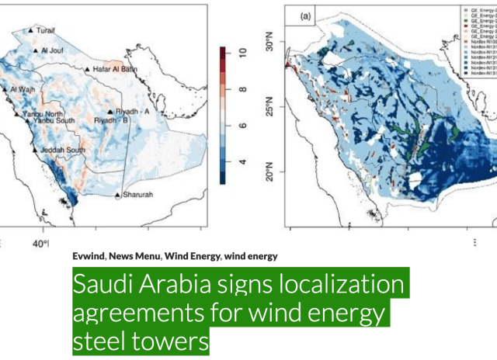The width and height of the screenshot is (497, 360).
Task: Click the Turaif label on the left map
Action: [48, 31]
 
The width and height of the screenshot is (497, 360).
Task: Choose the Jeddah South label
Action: [65, 150]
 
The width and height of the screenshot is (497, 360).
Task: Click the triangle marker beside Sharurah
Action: [117, 195]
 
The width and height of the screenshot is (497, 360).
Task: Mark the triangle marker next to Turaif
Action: [30, 31]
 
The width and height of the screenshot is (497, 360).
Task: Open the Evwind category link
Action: [89, 255]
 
